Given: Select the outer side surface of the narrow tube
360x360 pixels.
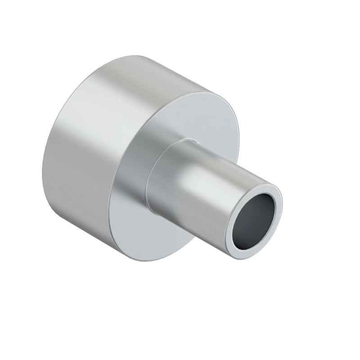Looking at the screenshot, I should tap(211, 189).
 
